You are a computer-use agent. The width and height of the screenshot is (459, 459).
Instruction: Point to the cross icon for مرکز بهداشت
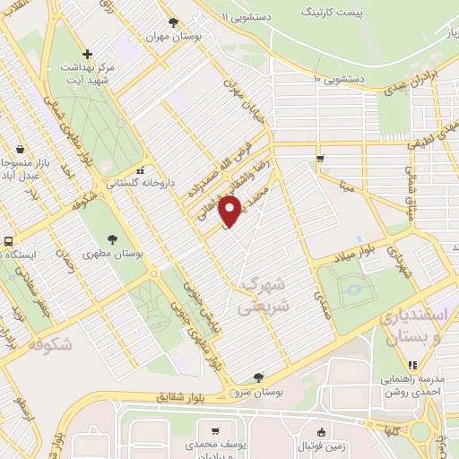point(86,54)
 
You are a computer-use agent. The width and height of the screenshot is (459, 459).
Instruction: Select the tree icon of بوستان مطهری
point(112,239)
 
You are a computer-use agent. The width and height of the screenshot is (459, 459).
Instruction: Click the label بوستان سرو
point(259,392)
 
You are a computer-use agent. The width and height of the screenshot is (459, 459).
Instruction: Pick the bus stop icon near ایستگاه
point(7,241)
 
